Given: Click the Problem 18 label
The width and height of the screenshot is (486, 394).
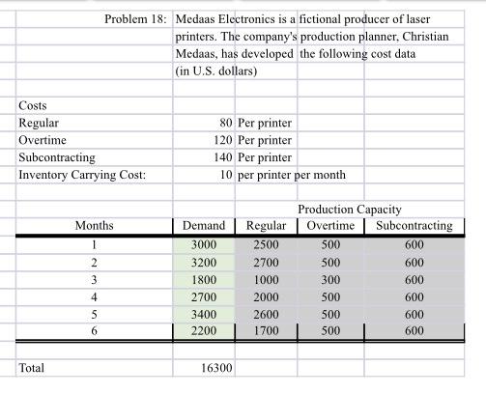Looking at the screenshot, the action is coord(135,19).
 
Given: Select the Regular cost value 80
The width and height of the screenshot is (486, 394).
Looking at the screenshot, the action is coord(226,123).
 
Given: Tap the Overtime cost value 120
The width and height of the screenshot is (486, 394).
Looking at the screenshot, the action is coord(222,139).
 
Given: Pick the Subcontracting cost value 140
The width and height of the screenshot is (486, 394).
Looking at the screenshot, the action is coord(222,156).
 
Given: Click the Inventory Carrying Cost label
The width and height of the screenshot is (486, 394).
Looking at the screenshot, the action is coord(82,174).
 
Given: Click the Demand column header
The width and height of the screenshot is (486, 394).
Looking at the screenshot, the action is coord(203,226).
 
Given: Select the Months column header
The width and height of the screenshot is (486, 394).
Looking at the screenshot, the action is coord(94,226).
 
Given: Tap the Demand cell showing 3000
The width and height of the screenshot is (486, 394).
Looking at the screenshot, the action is coord(205,244).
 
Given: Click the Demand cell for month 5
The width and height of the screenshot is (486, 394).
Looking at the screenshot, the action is coord(205,314).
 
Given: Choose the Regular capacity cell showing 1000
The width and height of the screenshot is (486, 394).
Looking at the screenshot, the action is coord(266,279).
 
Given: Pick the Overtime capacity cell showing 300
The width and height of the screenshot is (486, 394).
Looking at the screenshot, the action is coord(330,279).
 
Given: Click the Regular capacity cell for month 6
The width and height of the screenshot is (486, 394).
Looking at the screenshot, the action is coord(266,331).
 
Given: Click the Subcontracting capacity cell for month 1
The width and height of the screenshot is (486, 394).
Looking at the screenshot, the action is coord(414,244).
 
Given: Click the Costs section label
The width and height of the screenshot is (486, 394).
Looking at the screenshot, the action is coord(33,105).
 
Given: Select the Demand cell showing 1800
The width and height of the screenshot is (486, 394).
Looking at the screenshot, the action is coord(205,279).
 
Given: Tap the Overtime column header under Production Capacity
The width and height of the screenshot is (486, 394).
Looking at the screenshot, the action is coord(330,226).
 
